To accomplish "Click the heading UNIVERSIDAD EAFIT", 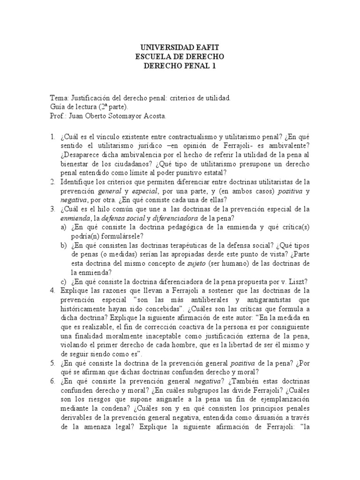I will pos(180,48).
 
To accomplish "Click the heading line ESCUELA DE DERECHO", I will pos(180,57).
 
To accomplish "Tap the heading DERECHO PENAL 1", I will pos(180,66).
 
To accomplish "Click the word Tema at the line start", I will pos(58,98).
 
